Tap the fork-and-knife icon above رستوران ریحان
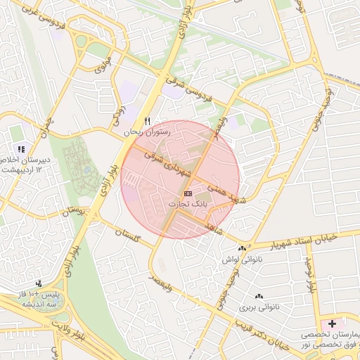147,121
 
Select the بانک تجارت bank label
187,203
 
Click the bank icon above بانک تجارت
188,193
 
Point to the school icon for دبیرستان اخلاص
21,149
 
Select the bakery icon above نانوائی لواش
243,248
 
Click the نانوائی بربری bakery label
259,307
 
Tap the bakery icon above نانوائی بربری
259,297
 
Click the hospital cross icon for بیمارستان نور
331,323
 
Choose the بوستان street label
77,211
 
